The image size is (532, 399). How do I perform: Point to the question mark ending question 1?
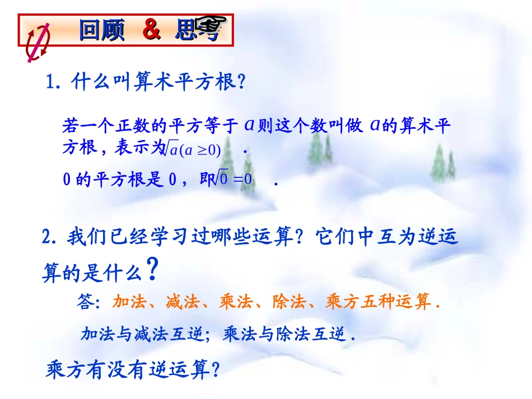tap(241, 83)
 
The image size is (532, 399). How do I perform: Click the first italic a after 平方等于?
tap(250, 125)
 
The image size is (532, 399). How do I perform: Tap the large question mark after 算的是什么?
tap(151, 270)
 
